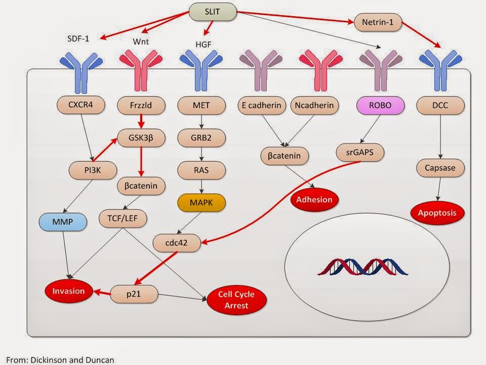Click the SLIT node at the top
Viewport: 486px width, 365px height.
[212, 12]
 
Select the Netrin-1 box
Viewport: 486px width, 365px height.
[378, 22]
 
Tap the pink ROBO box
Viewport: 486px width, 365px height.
[380, 105]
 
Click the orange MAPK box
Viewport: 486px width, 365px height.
[201, 203]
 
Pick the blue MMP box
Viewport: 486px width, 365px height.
[63, 222]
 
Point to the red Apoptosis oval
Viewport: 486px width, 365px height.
[437, 213]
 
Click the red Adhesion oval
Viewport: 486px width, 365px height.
[314, 200]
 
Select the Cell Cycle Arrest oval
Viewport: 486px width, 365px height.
[236, 300]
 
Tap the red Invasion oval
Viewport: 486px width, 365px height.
[68, 291]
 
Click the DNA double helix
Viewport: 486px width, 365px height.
[362, 267]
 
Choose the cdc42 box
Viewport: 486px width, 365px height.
[176, 243]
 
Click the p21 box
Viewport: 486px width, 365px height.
[134, 294]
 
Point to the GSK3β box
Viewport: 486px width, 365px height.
[141, 137]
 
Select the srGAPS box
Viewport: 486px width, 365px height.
[360, 153]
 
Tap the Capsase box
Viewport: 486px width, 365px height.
[440, 168]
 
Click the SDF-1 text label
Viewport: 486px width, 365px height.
[78, 39]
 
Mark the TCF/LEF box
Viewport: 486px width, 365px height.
[123, 218]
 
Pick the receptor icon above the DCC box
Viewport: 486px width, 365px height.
[440, 70]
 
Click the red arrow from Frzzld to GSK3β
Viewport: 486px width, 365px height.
[141, 121]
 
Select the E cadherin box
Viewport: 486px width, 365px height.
[262, 105]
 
